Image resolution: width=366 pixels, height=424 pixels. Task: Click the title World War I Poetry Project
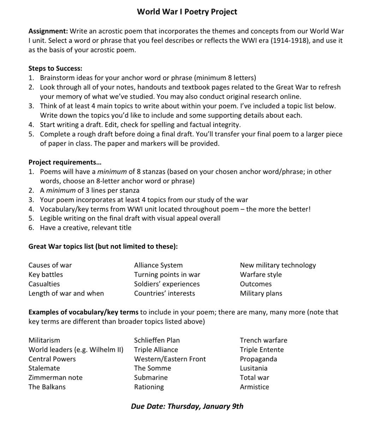tap(187, 12)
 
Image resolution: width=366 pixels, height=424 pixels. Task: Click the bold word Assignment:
tap(48, 31)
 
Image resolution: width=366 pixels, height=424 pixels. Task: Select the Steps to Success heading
tap(55, 68)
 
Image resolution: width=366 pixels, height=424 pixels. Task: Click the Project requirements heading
tap(65, 162)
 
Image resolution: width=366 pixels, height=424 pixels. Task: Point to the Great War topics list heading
tap(103, 246)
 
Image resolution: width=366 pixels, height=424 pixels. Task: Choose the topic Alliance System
tap(158, 265)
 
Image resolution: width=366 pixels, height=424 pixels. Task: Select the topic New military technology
tap(278, 265)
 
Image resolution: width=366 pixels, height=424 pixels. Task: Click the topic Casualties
tap(44, 284)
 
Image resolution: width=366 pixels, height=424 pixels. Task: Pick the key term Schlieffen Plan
tap(157, 340)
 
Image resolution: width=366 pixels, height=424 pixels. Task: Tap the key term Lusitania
tap(253, 368)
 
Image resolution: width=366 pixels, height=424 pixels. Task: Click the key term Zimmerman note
tap(55, 377)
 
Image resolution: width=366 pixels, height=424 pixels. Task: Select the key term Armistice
tap(254, 387)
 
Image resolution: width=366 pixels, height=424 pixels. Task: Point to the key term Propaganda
tap(258, 359)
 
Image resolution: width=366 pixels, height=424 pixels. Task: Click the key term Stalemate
tap(44, 368)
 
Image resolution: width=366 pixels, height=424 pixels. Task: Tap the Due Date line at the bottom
tap(187, 406)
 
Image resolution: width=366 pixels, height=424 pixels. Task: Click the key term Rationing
tap(149, 387)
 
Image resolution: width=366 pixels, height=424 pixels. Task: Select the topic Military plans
tap(261, 293)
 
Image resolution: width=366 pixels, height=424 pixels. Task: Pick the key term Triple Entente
tap(262, 349)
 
